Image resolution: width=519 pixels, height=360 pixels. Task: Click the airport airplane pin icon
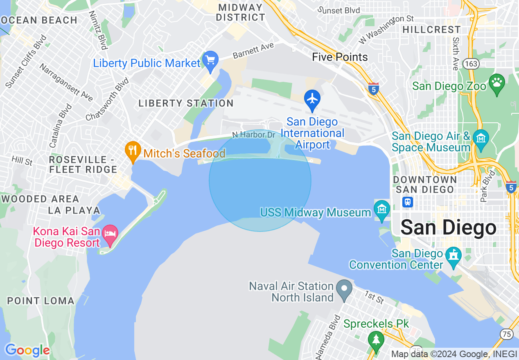[x=312, y=99]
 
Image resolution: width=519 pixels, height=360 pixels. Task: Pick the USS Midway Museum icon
[x=381, y=209]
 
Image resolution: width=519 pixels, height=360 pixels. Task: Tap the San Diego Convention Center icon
[x=454, y=256]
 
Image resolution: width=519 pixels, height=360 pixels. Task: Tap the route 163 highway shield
[x=471, y=63]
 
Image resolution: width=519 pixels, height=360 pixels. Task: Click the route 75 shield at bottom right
[x=507, y=334]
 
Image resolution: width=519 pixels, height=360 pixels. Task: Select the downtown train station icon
[x=408, y=202]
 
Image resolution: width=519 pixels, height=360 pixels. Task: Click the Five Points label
[x=340, y=57]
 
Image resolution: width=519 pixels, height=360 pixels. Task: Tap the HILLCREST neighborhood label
[x=431, y=30]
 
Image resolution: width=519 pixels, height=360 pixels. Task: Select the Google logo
[x=27, y=350]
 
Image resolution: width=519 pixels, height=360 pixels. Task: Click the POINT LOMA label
[x=41, y=301]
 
